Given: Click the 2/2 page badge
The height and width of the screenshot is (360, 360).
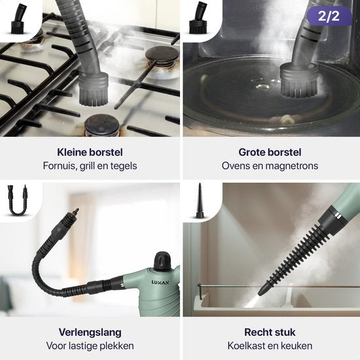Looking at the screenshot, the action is click(329, 16).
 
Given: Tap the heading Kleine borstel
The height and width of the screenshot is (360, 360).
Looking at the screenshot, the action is click(90, 153).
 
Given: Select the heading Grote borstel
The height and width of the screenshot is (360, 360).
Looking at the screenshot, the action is click(270, 153).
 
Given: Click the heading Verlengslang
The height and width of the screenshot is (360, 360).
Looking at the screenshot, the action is click(90, 333).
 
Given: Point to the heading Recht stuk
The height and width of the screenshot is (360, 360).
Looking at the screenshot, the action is click(270, 333).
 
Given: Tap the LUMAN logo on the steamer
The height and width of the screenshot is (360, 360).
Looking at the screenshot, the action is click(160, 282).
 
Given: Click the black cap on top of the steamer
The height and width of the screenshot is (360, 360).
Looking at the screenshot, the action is click(163, 261).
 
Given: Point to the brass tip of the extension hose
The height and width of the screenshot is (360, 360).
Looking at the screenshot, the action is click(75, 211).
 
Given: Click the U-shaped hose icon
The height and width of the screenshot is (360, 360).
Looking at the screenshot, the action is click(18, 200).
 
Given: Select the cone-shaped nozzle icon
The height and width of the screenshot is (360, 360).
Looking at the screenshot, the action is click(200, 200).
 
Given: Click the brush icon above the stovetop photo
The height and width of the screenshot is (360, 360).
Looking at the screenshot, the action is click(18, 19).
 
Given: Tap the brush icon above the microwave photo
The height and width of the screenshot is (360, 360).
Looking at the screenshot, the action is click(198, 18).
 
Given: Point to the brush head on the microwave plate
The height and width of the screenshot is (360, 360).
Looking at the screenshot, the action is click(298, 81).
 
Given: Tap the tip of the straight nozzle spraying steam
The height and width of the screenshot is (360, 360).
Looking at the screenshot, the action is click(260, 293).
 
